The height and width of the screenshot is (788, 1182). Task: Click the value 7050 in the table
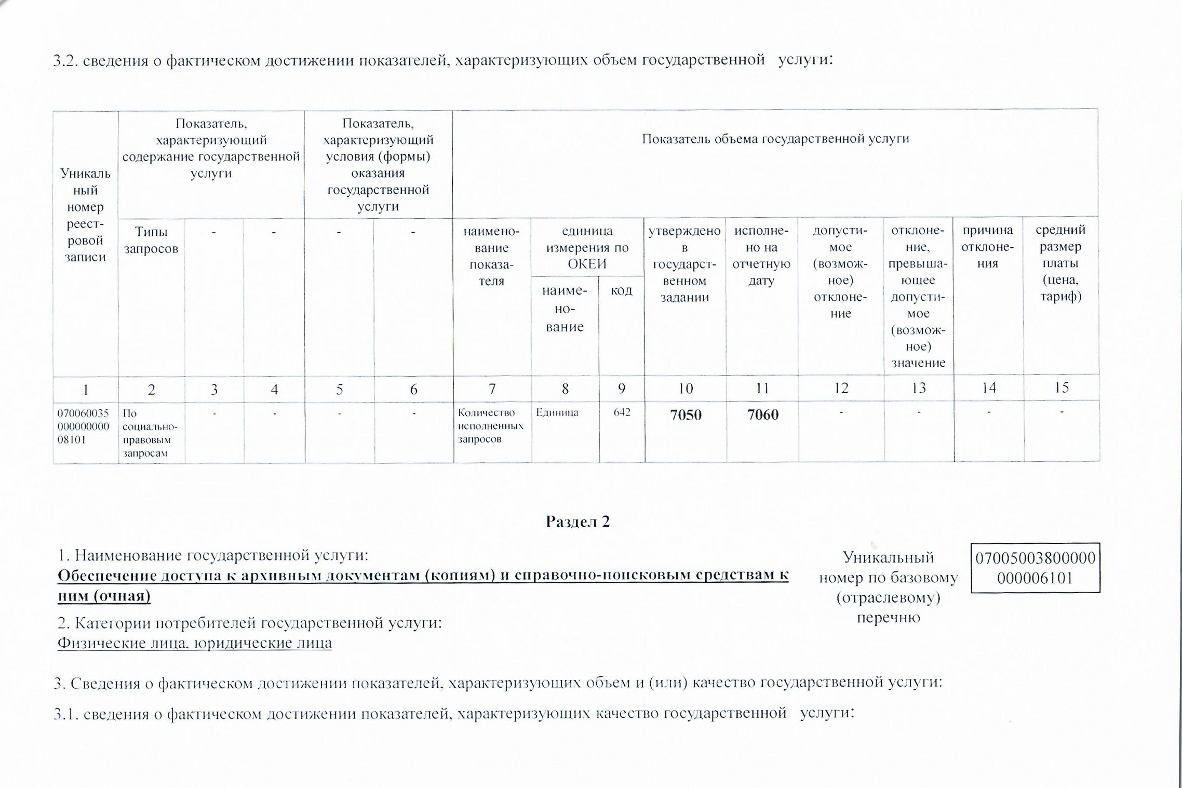[686, 415]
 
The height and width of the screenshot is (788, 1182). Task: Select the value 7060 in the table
[762, 415]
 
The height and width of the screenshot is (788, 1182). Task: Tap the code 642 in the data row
[622, 412]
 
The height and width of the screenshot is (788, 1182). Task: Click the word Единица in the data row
[557, 412]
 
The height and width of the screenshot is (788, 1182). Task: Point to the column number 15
[1062, 388]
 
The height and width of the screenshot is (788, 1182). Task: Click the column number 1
[85, 390]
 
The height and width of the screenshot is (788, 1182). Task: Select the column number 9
[622, 389]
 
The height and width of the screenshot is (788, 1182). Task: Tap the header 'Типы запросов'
[151, 240]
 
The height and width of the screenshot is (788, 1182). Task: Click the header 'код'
[621, 290]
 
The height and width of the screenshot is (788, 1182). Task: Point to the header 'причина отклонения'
[988, 247]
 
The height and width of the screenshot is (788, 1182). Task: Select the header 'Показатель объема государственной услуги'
[775, 139]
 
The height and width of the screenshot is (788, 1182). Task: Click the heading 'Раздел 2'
[577, 522]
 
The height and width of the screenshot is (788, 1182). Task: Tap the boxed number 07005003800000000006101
[1035, 568]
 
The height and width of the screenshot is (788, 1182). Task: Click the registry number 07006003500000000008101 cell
[83, 426]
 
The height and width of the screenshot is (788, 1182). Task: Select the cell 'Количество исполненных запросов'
[491, 426]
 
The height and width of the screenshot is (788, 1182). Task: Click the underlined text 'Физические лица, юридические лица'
[194, 643]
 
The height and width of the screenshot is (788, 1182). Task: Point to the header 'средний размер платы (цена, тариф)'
[1060, 263]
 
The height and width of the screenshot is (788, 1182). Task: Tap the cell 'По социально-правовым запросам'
[150, 433]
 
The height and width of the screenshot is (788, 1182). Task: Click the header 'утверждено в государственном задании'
[684, 264]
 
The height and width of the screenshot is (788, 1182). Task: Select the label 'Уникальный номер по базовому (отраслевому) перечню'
[888, 587]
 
